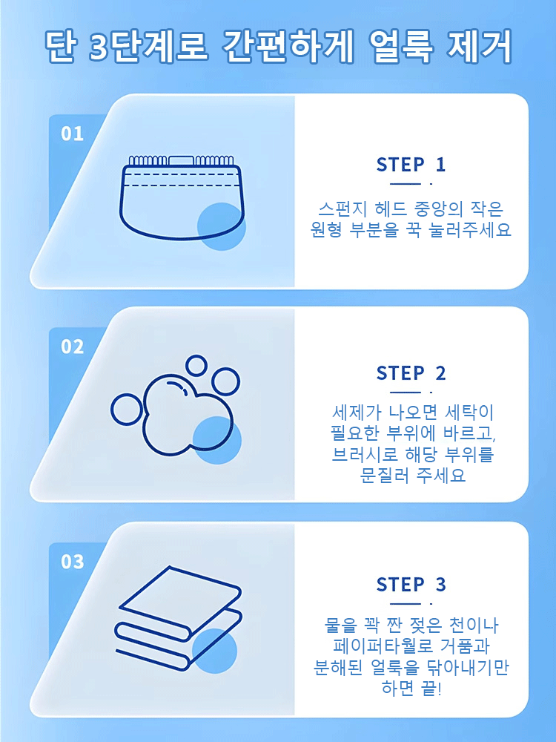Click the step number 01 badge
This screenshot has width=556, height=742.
click(x=73, y=134)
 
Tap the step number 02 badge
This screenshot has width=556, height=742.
click(x=73, y=347)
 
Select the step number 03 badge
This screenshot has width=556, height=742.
click(x=73, y=562)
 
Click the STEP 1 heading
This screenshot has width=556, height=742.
click(x=411, y=165)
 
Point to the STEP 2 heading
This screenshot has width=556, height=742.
click(x=411, y=373)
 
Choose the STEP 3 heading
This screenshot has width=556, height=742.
click(x=411, y=585)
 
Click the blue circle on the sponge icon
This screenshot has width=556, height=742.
click(x=221, y=226)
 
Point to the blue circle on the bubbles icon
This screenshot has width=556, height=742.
click(x=216, y=440)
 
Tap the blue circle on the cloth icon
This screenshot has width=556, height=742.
click(x=214, y=649)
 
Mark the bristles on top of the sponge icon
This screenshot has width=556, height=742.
click(x=182, y=160)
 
